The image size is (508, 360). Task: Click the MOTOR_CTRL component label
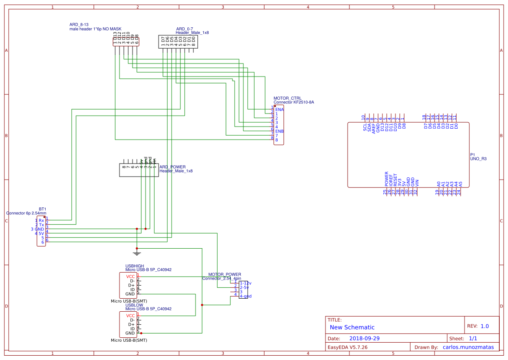(x=287, y=98)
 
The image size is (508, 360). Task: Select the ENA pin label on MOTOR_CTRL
(x=279, y=110)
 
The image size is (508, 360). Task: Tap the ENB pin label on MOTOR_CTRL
(x=279, y=131)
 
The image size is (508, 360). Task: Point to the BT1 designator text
(x=42, y=209)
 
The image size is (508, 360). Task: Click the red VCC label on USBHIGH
(x=130, y=277)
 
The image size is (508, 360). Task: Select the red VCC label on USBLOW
(x=130, y=316)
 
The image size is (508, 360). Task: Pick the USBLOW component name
(x=134, y=305)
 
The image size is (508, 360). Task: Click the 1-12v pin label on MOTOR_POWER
(x=246, y=283)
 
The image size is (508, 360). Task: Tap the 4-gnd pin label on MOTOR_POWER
(x=246, y=296)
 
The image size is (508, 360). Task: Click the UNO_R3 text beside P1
(x=478, y=159)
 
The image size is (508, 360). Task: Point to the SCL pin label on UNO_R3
(x=365, y=127)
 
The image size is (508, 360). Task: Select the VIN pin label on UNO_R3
(x=417, y=183)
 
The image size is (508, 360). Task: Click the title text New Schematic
(x=352, y=327)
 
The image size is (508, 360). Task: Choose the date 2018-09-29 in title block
(x=365, y=338)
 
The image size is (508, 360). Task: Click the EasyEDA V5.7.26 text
(x=347, y=347)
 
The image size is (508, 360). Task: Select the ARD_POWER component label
(x=173, y=167)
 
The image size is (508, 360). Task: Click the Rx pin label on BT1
(x=41, y=220)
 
